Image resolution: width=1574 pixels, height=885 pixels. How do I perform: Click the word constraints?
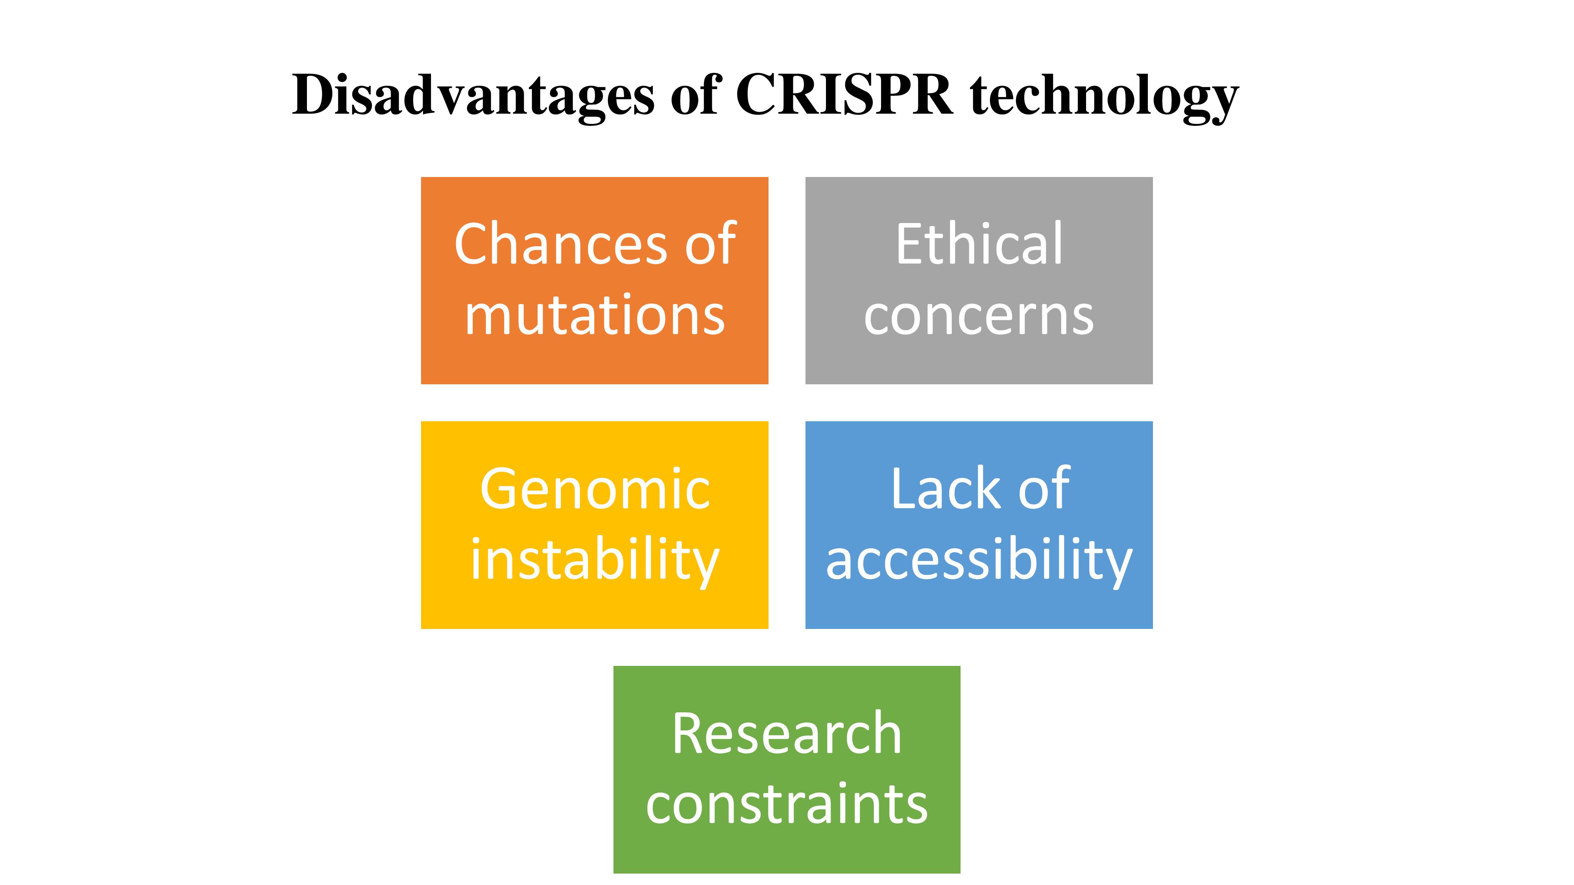pos(786,804)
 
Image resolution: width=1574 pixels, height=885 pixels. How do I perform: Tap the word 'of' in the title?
pos(695,95)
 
